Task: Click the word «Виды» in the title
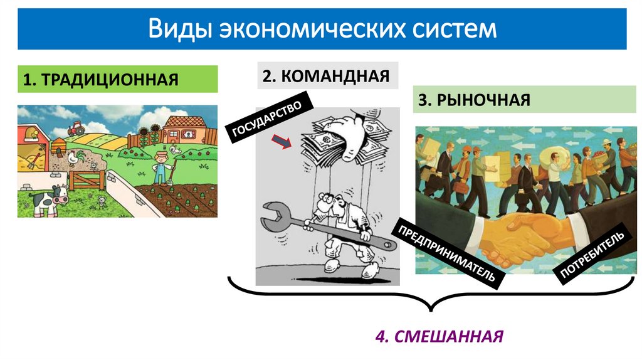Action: point(178,29)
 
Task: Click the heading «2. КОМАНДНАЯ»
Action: point(326,76)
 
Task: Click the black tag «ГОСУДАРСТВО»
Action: point(268,118)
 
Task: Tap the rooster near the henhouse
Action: point(75,157)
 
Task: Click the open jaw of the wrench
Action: point(271,214)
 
